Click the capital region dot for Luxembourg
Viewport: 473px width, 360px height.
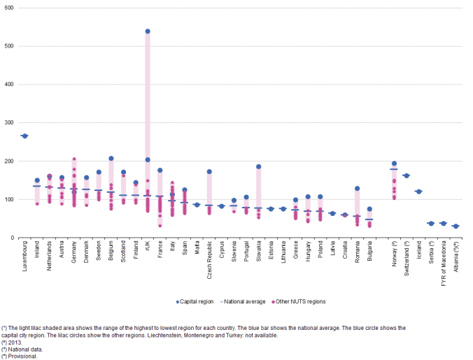24,136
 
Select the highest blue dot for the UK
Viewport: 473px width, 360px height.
148,31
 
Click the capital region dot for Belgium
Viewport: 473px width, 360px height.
111,158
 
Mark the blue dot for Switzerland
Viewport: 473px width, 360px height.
407,175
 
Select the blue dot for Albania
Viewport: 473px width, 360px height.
456,226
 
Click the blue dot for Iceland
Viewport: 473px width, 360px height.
418,192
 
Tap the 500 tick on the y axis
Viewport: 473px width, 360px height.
8,46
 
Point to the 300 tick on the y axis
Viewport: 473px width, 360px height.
8,123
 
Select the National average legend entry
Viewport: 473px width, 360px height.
241,301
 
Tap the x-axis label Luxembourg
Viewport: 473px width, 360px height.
25,259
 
